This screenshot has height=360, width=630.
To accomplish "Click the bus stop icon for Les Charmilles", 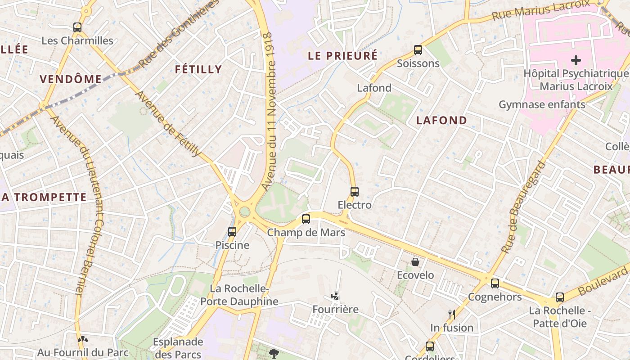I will pos(77,27).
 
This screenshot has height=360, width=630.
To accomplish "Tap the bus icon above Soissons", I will pos(418,50).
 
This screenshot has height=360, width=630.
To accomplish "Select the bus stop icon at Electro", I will pos(355,192).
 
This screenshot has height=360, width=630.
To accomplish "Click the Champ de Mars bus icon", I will pos(306,219).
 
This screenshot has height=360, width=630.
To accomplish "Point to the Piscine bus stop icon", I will pos(232,232).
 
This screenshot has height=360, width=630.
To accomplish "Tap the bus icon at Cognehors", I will pos(495,283).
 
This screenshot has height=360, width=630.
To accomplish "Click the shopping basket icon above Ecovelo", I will pos(415,261).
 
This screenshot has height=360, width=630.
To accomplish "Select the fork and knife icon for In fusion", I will pos(452,314).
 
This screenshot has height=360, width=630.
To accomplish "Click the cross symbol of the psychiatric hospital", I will pos(576,60).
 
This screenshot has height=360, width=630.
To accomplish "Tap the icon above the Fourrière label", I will pos(335,296).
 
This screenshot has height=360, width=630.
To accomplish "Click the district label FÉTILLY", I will pos(198,69).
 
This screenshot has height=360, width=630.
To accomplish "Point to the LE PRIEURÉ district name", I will pos(342,56).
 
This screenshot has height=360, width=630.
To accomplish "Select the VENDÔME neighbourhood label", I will pos(71,79).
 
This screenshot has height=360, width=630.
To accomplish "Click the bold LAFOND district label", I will pos(441,120).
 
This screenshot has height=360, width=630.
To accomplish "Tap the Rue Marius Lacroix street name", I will pos(540,10).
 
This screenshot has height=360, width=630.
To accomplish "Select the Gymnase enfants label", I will pos(542,104).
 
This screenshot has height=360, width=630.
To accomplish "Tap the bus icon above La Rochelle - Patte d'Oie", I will pos(560,297).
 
